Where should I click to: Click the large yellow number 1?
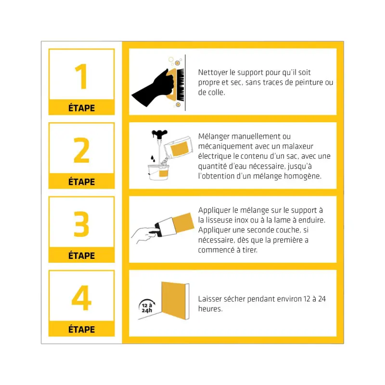[x=81, y=77]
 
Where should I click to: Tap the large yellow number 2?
[x=81, y=150]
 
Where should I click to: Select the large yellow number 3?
[x=81, y=224]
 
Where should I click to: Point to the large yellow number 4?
[x=81, y=298]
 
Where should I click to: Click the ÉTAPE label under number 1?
[x=81, y=108]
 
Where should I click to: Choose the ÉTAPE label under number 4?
[x=81, y=329]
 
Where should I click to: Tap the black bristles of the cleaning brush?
[x=180, y=85]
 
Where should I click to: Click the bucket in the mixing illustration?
[x=158, y=172]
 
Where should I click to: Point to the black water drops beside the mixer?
[x=153, y=158]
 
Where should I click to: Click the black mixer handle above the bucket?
[x=159, y=134]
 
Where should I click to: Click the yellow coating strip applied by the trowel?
[x=183, y=223]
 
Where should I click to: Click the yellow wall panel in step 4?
[x=173, y=300]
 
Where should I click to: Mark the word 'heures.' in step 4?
[x=210, y=308]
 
